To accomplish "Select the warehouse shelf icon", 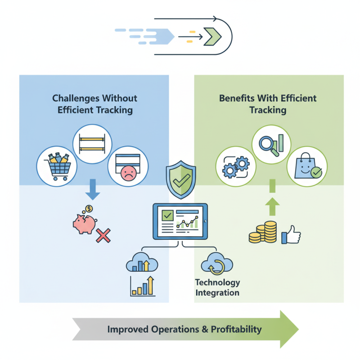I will [x=92, y=143].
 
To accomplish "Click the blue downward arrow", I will [x=92, y=189].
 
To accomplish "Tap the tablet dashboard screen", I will [x=180, y=220].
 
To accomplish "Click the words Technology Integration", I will [x=217, y=288].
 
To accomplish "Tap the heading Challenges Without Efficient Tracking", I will [x=94, y=104].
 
